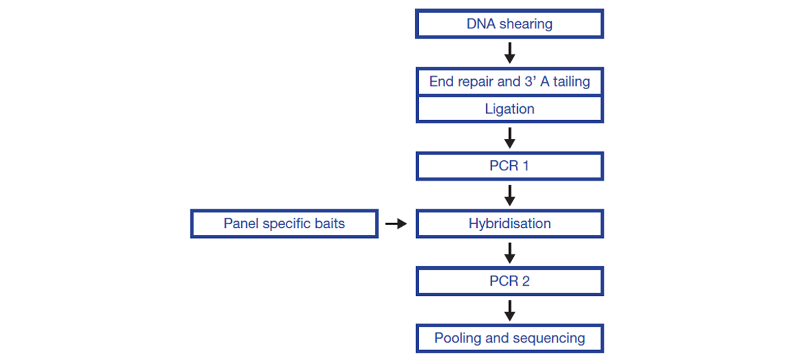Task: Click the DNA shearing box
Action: click(510, 24)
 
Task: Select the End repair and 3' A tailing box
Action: click(510, 82)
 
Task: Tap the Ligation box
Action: click(510, 109)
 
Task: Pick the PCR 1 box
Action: click(510, 166)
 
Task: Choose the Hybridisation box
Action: click(510, 224)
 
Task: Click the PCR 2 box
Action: click(510, 281)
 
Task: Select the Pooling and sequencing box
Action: click(510, 339)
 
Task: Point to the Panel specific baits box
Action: click(284, 224)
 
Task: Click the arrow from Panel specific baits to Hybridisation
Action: click(396, 224)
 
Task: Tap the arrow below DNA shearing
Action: click(510, 53)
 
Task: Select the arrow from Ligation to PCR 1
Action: click(510, 138)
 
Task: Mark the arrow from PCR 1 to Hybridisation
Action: click(510, 195)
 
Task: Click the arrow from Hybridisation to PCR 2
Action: click(510, 253)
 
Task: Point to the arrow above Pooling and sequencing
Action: click(510, 310)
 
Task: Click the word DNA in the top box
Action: click(481, 24)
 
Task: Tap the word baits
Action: click(330, 224)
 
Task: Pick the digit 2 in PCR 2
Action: click(525, 281)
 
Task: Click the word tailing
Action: click(571, 82)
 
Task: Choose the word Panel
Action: click(241, 224)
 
